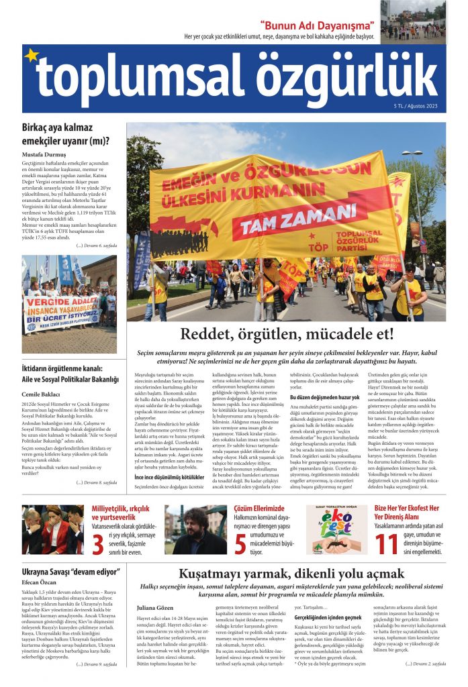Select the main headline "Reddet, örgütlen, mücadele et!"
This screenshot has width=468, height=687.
coord(287,335)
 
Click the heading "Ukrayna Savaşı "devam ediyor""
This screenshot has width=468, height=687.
coord(64,573)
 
